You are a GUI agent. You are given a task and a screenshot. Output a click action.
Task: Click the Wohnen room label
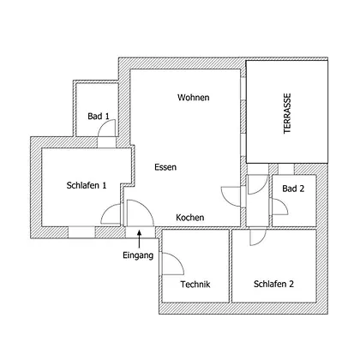coord(193,98)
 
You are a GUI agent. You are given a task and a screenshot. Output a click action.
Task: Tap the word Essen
coord(165,167)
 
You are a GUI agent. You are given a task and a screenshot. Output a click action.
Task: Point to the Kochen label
coord(190,218)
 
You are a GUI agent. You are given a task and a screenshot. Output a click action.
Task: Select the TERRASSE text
coord(287,113)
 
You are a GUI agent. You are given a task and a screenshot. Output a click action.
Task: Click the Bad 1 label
coord(99,117)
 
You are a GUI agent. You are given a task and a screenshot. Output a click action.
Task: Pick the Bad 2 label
coord(293,189)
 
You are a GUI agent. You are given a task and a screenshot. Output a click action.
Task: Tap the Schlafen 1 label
coord(87,185)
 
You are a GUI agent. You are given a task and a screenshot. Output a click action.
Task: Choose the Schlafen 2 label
coord(273,284)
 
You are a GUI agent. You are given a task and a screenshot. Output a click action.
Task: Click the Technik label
coord(195,285)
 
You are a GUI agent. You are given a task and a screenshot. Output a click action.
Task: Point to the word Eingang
coord(138,255)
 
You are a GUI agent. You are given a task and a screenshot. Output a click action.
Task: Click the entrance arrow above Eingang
coord(140,238)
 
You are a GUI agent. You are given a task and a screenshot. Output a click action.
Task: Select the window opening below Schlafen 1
coord(81,232)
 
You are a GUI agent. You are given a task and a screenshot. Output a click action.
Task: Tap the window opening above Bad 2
coord(286,169)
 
